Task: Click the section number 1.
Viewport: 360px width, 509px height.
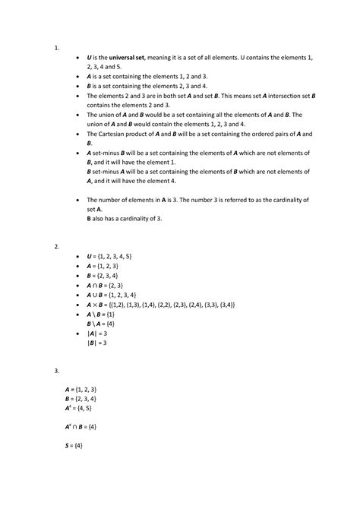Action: [56, 46]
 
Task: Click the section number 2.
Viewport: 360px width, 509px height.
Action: [56, 247]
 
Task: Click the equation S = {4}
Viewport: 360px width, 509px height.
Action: [78, 446]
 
